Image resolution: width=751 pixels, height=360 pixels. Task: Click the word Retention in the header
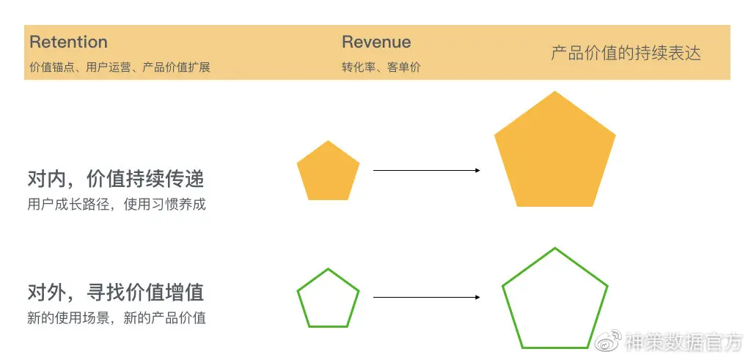(68, 42)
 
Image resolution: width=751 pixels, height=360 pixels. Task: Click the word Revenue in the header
(376, 42)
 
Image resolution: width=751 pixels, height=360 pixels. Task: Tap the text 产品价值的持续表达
(626, 54)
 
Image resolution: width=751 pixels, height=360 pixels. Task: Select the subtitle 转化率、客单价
(381, 67)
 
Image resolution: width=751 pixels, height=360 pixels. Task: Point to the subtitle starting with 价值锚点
(120, 67)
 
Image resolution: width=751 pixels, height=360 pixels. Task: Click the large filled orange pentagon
(555, 154)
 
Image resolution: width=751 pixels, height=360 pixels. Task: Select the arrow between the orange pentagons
(425, 170)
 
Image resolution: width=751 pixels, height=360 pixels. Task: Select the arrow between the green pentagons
(425, 297)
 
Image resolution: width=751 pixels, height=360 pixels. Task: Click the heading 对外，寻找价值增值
(115, 293)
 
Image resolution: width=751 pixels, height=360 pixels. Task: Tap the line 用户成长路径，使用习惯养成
(117, 205)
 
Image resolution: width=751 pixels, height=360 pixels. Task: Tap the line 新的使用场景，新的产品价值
(117, 318)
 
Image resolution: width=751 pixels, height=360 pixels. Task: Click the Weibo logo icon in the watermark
(608, 340)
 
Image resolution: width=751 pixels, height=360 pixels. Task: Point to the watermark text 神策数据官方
(684, 341)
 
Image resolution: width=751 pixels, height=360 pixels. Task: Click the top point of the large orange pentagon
(555, 92)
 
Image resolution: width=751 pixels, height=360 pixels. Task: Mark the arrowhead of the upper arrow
(477, 170)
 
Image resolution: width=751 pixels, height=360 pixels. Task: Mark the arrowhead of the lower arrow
(477, 297)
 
